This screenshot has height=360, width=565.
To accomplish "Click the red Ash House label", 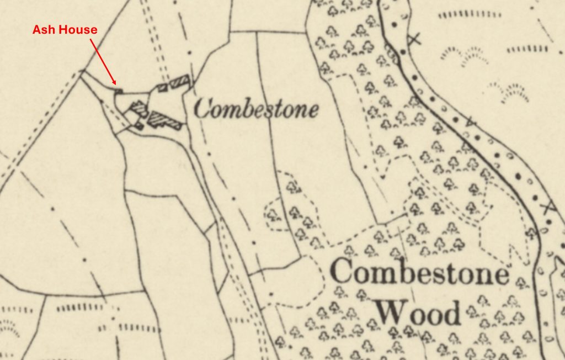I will coord(65,30).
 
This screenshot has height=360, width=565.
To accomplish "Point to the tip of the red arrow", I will coord(116,84).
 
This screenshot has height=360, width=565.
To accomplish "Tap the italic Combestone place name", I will coord(257,109).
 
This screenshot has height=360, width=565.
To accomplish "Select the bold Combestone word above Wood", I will coord(420,273).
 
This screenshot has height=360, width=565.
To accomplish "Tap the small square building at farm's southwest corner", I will coord(139,126).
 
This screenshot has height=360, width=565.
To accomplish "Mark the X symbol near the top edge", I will coord(414,39).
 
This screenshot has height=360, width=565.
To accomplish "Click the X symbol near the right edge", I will coord(547,208).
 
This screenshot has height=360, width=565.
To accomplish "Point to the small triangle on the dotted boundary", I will coord(470,121).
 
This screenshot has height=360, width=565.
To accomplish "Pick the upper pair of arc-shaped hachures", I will coord(463,54).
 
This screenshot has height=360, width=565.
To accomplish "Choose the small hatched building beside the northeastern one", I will coord(163,87).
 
